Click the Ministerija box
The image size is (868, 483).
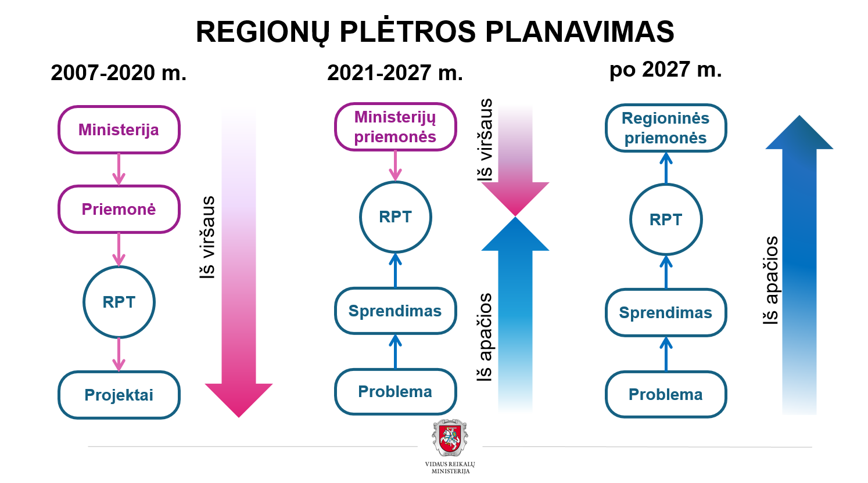[119, 130]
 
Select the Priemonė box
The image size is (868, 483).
[119, 210]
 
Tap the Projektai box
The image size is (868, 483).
[119, 395]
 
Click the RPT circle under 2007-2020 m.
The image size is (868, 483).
[119, 302]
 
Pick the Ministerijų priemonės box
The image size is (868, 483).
[395, 127]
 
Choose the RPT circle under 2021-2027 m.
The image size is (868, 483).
[395, 217]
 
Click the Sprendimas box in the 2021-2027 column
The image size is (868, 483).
[395, 311]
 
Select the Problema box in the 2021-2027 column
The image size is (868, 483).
[395, 392]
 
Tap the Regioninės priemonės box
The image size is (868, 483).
[666, 128]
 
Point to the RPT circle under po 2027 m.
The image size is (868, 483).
[666, 219]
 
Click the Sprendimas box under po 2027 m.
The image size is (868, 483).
[666, 312]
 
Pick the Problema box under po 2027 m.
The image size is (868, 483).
[666, 395]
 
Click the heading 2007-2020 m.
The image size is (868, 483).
[119, 73]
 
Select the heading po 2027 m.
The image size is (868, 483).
[665, 70]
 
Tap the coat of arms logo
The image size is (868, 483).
[450, 438]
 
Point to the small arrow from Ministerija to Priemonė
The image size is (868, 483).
[119, 170]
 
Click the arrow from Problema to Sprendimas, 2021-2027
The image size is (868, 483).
[395, 351]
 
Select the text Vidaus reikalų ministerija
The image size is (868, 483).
[450, 467]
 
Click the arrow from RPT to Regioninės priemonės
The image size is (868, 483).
[666, 168]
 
